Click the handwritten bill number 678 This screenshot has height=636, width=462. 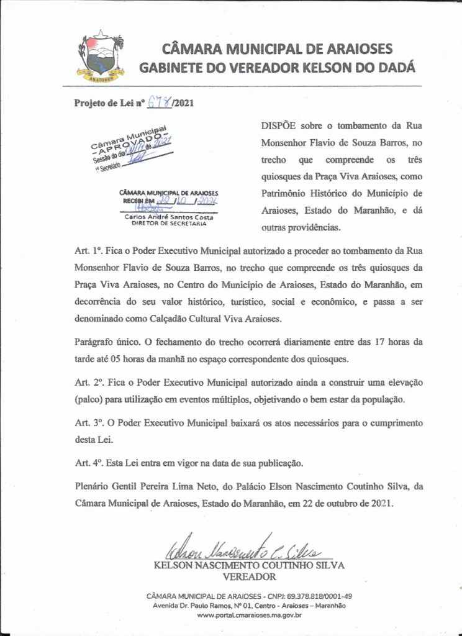tap(161, 104)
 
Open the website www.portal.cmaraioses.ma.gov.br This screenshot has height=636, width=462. tap(248, 616)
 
